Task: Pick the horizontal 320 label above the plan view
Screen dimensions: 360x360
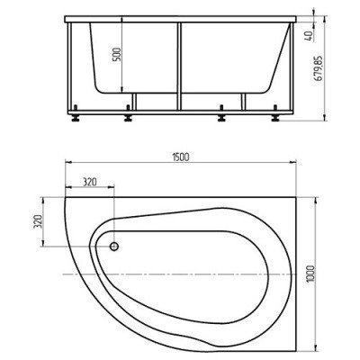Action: (x=89, y=180)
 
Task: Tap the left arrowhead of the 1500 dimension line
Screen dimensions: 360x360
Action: (x=67, y=165)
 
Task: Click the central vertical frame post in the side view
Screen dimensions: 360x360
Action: (x=181, y=63)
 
